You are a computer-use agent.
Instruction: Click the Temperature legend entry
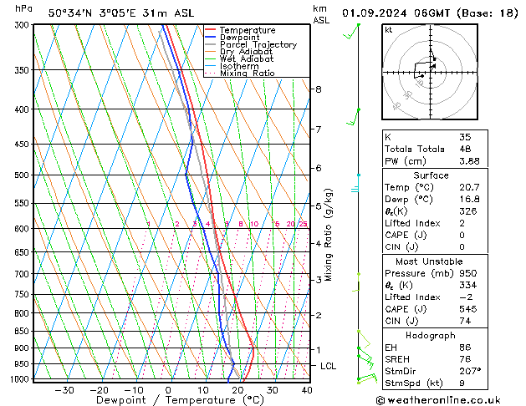[248, 30]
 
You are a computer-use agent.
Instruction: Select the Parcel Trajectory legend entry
[258, 45]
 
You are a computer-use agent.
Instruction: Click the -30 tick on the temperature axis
[64, 390]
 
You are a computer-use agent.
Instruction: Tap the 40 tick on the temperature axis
[307, 390]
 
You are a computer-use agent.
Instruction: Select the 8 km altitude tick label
[319, 89]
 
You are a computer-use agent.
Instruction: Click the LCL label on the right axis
[329, 366]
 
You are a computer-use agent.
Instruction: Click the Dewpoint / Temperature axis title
[168, 400]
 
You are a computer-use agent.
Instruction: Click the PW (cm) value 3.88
[469, 161]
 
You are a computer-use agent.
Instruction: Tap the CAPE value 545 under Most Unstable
[467, 308]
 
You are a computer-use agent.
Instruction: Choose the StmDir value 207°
[470, 369]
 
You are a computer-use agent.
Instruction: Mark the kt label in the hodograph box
[388, 29]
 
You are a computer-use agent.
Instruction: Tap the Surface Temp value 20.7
[469, 187]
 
